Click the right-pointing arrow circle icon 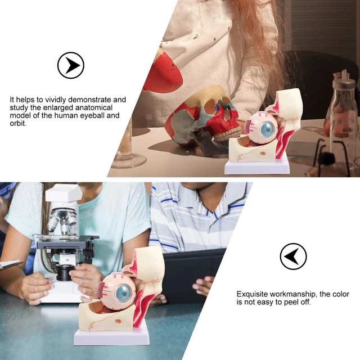click(70, 65)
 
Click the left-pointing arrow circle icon click(293, 256)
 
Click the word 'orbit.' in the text click(19, 124)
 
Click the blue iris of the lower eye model click(124, 292)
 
